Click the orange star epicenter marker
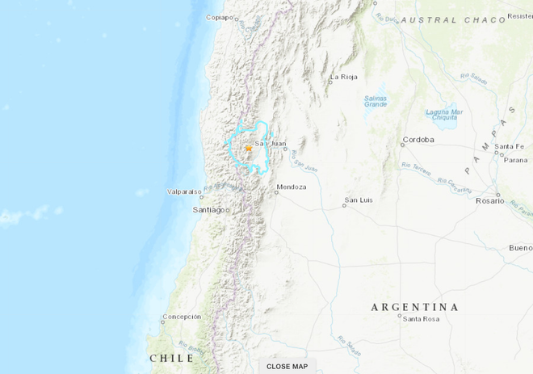249,148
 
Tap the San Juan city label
271,145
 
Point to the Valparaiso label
183,191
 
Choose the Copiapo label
220,17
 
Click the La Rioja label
342,78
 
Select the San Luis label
358,199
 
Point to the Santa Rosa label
420,319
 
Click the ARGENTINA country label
414,307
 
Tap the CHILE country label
171,358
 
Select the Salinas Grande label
376,100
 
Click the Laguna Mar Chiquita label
445,115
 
